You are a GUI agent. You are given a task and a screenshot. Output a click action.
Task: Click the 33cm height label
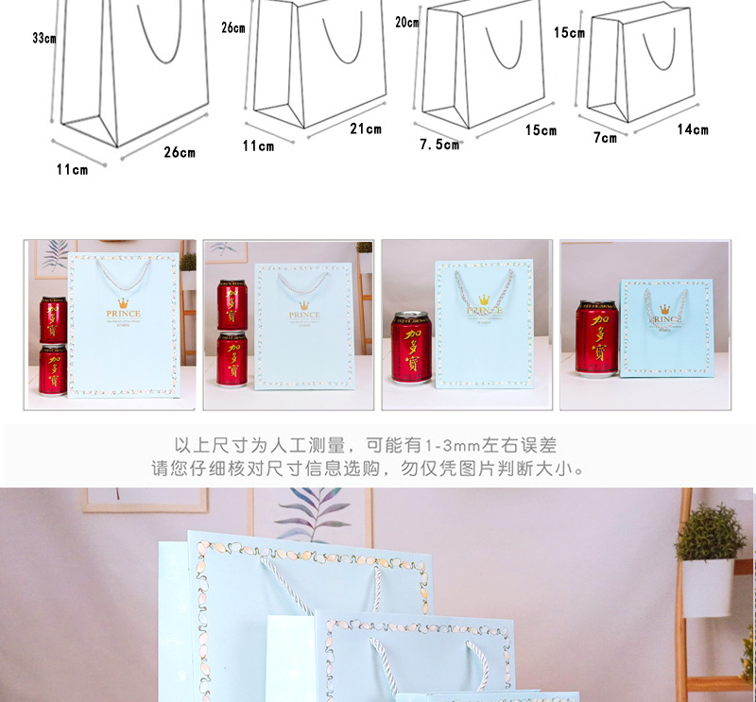click(x=43, y=39)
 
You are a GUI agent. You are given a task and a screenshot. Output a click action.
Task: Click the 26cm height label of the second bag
click(x=232, y=28)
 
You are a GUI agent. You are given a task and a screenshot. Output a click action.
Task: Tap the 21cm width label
click(x=366, y=129)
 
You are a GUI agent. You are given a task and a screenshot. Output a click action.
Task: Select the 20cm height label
click(x=406, y=22)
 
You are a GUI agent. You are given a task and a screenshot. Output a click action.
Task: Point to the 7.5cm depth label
click(x=439, y=145)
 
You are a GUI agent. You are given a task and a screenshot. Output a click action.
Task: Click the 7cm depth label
click(x=605, y=138)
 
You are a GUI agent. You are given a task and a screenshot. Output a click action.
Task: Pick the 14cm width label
click(x=693, y=129)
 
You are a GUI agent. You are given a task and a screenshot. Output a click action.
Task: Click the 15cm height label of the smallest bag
click(x=569, y=33)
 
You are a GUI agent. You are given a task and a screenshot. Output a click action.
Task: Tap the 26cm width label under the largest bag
click(x=179, y=152)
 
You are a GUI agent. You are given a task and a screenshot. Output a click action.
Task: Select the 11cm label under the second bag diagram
click(x=258, y=146)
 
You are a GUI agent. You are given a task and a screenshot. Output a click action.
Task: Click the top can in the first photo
click(x=52, y=319)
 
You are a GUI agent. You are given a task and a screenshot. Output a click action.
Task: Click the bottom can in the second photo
click(x=232, y=359)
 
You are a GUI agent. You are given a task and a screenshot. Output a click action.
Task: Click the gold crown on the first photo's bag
click(x=123, y=303)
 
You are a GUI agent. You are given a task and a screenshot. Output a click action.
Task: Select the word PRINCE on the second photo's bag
click(x=304, y=316)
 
